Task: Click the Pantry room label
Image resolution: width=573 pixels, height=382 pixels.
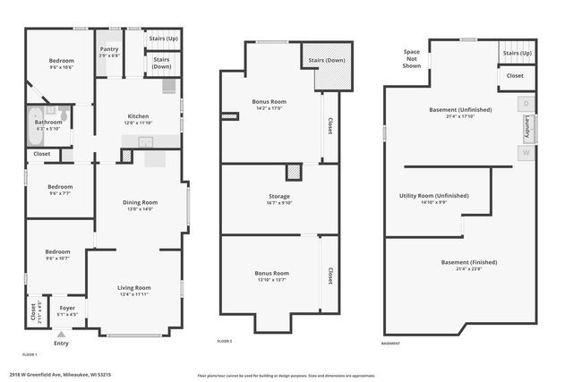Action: pyautogui.click(x=109, y=52)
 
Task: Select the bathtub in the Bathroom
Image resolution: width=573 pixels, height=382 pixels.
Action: pyautogui.click(x=34, y=118)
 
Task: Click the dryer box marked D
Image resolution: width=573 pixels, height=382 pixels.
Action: pyautogui.click(x=526, y=104)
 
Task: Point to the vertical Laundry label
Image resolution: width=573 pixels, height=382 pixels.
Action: pyautogui.click(x=527, y=128)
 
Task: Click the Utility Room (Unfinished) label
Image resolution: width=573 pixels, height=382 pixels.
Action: pyautogui.click(x=433, y=197)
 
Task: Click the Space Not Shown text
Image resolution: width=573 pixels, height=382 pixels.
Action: pyautogui.click(x=412, y=59)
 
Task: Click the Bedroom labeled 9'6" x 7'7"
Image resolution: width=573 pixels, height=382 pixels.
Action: pyautogui.click(x=61, y=189)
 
